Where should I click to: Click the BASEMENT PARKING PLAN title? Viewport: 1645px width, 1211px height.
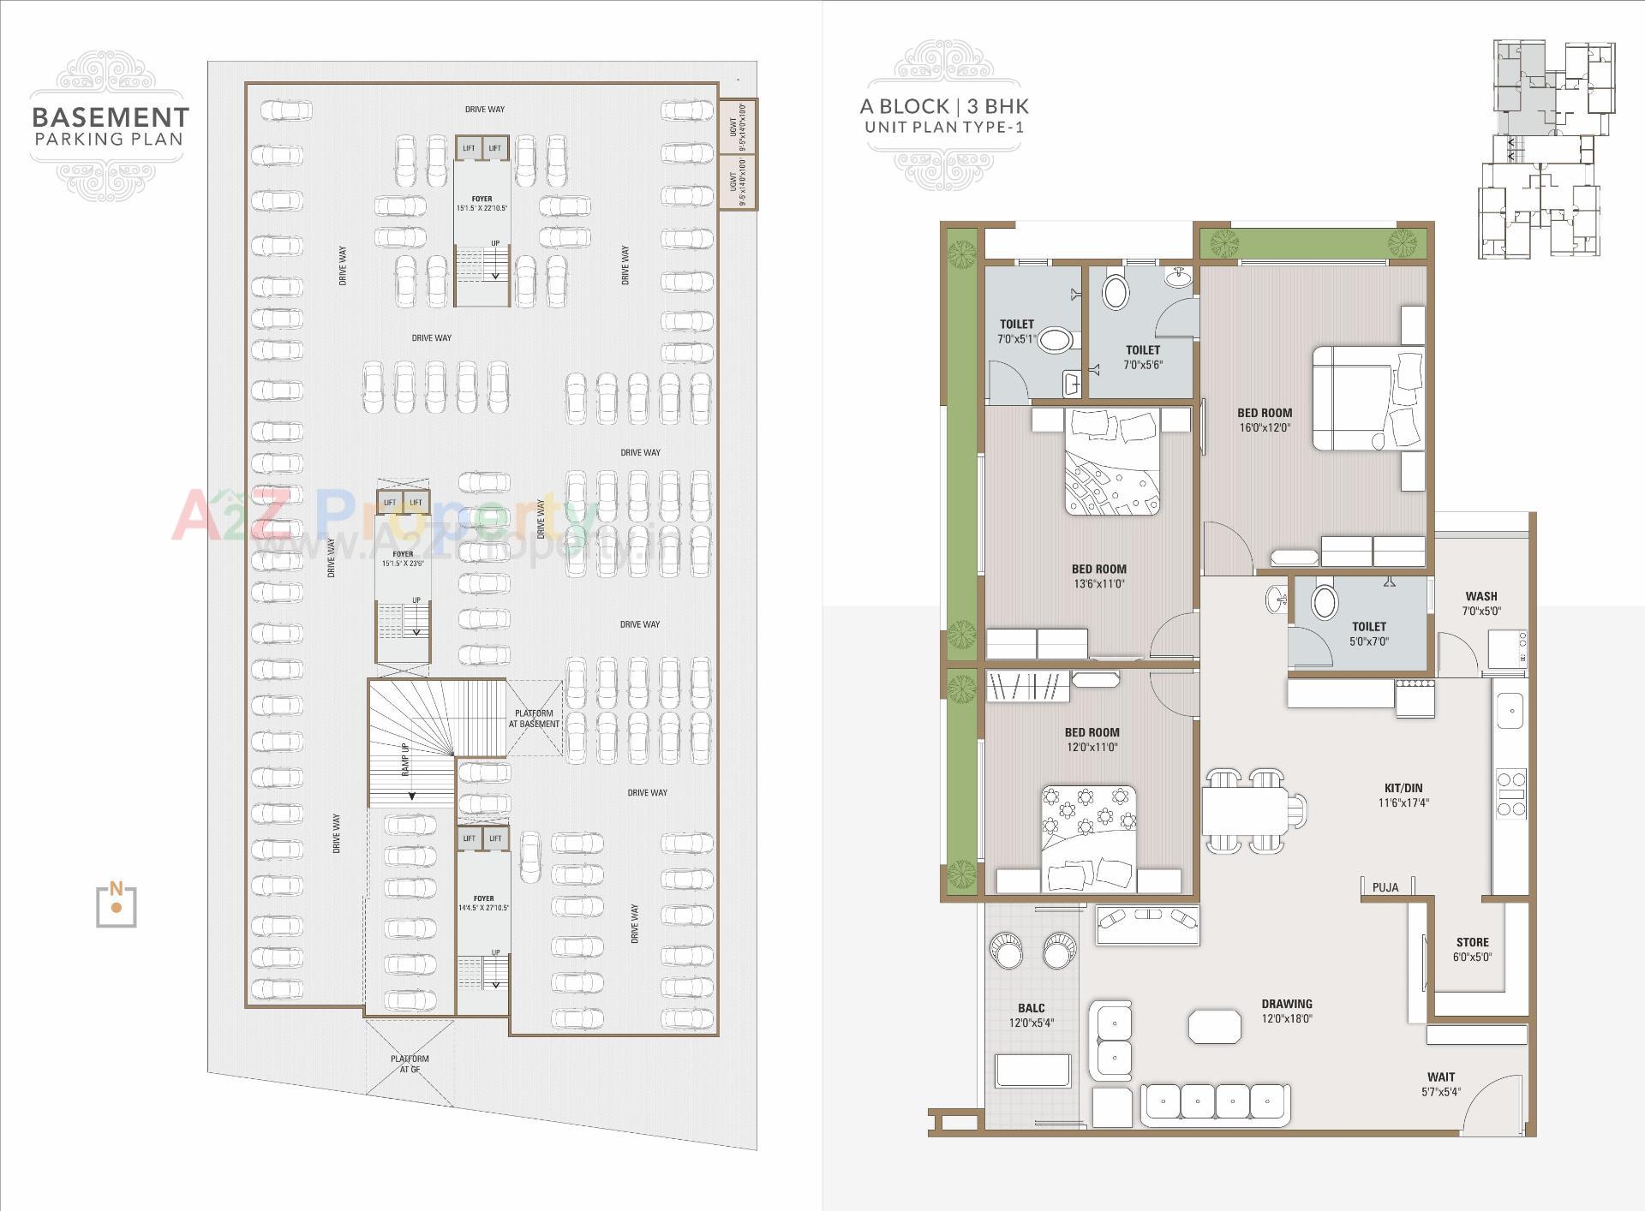pos(110,126)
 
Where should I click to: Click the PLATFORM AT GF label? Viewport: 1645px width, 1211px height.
pos(410,1064)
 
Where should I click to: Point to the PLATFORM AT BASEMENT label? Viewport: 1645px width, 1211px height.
pos(534,719)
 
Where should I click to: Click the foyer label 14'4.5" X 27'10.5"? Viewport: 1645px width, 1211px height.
pos(483,904)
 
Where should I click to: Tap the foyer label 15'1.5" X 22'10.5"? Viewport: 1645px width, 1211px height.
pos(482,204)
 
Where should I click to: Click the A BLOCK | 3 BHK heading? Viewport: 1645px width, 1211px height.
pos(944,106)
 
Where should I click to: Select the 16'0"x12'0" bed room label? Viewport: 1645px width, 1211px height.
pos(1265,420)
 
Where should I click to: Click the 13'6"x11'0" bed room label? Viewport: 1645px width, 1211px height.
pos(1098,576)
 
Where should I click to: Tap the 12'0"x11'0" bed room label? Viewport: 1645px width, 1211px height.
pos(1092,739)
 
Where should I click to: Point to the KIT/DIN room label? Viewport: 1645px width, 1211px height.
pos(1403,795)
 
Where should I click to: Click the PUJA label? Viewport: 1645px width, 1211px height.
pos(1385,887)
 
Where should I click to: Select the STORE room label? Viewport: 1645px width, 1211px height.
pos(1472,949)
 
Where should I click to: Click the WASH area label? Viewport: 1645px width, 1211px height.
pos(1480,603)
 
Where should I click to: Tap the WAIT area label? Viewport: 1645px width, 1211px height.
pos(1441,1083)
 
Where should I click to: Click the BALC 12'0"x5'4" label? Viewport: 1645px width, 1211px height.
pos(1031,1015)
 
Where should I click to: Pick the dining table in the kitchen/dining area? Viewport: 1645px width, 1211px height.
pos(1244,810)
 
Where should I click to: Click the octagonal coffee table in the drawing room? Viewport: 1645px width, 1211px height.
pos(1214,1026)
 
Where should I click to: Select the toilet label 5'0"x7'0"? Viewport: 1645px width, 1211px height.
pos(1368,634)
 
